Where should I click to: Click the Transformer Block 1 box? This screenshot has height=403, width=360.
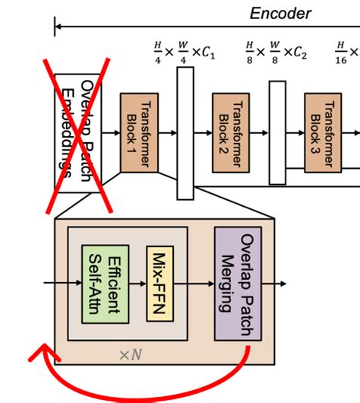(140, 133)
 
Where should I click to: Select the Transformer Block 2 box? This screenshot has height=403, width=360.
(231, 133)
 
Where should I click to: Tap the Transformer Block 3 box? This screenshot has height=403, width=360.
(324, 133)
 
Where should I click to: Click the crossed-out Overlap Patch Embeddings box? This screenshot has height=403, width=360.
(78, 133)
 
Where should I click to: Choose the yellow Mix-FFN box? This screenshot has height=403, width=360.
(161, 284)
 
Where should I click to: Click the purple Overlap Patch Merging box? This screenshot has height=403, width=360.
(238, 284)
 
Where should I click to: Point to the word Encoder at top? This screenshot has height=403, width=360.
(280, 14)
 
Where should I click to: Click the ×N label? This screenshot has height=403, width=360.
(131, 354)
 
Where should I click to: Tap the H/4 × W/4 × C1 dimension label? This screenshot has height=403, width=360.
(184, 52)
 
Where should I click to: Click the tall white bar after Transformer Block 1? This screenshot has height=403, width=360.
(185, 133)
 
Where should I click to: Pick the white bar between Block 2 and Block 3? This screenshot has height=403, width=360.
(277, 133)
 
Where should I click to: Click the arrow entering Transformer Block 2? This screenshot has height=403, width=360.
(203, 133)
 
